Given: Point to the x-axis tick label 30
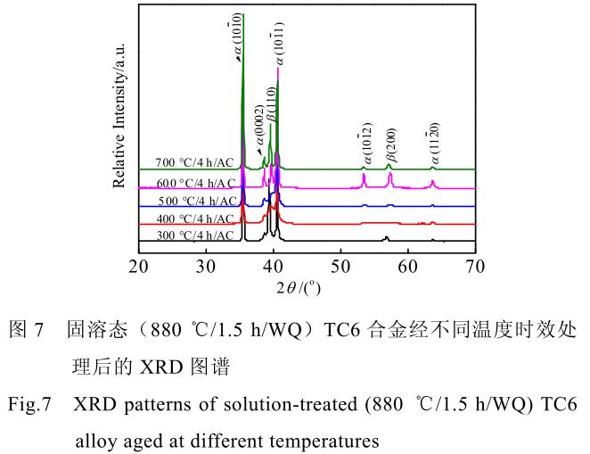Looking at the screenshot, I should pos(207,266).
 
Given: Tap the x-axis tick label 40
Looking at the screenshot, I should pos(274,266).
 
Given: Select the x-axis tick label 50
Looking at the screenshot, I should pos(340,266).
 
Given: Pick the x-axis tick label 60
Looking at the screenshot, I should pos(408,266).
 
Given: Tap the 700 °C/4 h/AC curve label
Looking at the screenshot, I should pos(197,164).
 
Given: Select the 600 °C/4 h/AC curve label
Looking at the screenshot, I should pos(197,183).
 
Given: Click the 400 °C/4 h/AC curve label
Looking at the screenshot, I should pos(197,219).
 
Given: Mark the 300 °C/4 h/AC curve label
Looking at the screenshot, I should pos(197,235).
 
